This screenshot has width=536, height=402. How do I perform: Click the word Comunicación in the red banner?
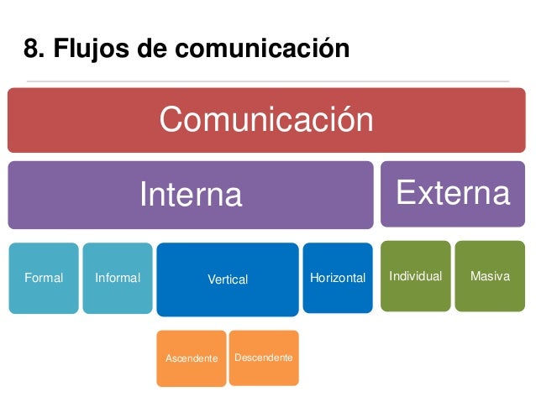pos(266,120)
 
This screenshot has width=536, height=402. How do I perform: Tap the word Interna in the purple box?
pos(191,195)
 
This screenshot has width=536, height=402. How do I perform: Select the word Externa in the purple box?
pos(453,193)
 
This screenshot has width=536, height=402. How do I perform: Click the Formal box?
pos(44,278)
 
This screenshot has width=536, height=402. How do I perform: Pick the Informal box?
pos(118,278)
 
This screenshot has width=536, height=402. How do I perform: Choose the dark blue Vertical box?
pos(228,279)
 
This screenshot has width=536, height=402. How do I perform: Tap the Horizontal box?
pos(337,278)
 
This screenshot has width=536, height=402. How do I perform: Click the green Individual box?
pos(416,276)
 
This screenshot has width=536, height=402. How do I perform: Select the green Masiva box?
pos(490,276)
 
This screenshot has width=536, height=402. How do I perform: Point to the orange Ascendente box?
pos(192,358)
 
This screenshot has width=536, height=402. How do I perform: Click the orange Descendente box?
pos(264,358)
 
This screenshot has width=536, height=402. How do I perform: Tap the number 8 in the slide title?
pos(31,50)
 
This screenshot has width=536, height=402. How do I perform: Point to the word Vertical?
pos(228,279)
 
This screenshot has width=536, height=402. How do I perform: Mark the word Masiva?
pos(490,276)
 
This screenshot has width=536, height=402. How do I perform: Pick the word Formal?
pos(44,278)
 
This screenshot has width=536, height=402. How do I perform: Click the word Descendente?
pos(264,358)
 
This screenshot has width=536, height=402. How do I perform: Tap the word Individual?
pos(416,276)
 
